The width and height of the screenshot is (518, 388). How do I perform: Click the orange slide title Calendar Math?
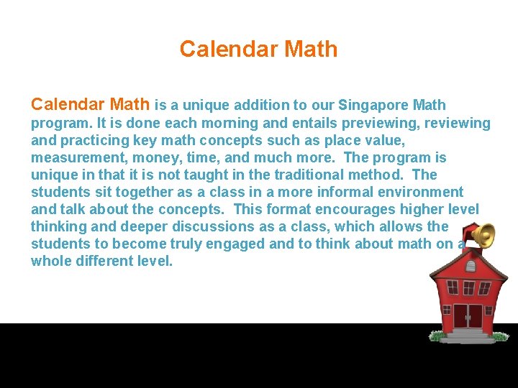[258, 49]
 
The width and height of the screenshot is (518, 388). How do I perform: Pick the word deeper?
[125, 226]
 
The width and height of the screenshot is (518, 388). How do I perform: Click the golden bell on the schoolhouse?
[483, 235]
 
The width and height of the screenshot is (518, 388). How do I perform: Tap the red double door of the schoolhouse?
[468, 316]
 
